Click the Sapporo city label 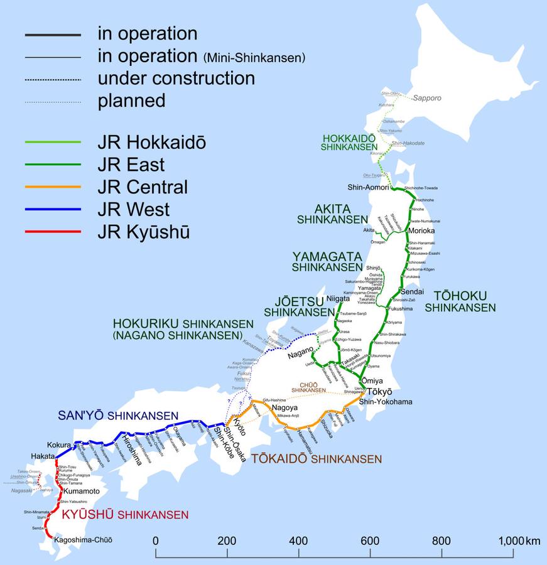pyautogui.click(x=427, y=99)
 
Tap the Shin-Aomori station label pyautogui.click(x=367, y=188)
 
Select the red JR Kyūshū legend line pyautogui.click(x=53, y=232)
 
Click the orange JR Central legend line pyautogui.click(x=53, y=187)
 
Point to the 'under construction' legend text pyautogui.click(x=176, y=78)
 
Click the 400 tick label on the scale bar pyautogui.click(x=299, y=541)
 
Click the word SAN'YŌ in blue pyautogui.click(x=80, y=416)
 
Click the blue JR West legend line pyautogui.click(x=53, y=209)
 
